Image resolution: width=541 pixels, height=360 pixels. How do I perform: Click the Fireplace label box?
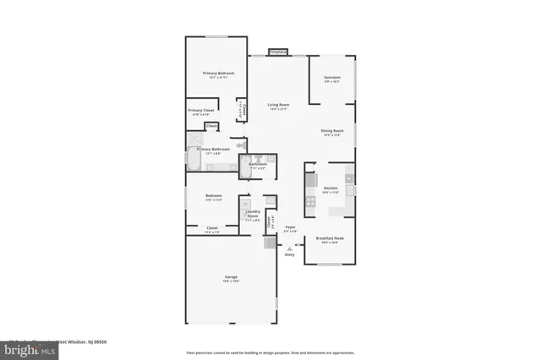[x=276, y=52]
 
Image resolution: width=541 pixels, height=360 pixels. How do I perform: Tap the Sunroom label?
[x=331, y=78]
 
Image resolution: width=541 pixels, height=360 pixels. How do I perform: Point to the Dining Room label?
[x=331, y=131]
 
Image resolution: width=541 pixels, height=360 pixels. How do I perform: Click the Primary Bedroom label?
[x=218, y=74]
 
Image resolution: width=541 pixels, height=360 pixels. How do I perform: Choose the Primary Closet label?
[x=200, y=111]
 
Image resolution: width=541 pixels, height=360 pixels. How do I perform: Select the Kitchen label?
[x=331, y=188]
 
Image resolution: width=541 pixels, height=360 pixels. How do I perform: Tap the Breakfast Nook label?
[x=330, y=238]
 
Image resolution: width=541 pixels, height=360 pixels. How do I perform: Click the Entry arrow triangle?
[x=290, y=248]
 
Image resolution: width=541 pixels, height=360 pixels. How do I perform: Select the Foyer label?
[x=289, y=227]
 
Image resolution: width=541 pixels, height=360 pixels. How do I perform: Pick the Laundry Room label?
[x=252, y=214]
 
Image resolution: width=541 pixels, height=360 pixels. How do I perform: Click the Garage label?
[x=230, y=277]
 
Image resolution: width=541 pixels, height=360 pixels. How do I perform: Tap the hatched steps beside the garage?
[x=270, y=243]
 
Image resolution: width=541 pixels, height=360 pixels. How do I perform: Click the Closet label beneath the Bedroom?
[x=212, y=227]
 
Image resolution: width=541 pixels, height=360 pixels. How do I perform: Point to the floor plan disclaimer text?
[x=270, y=352]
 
